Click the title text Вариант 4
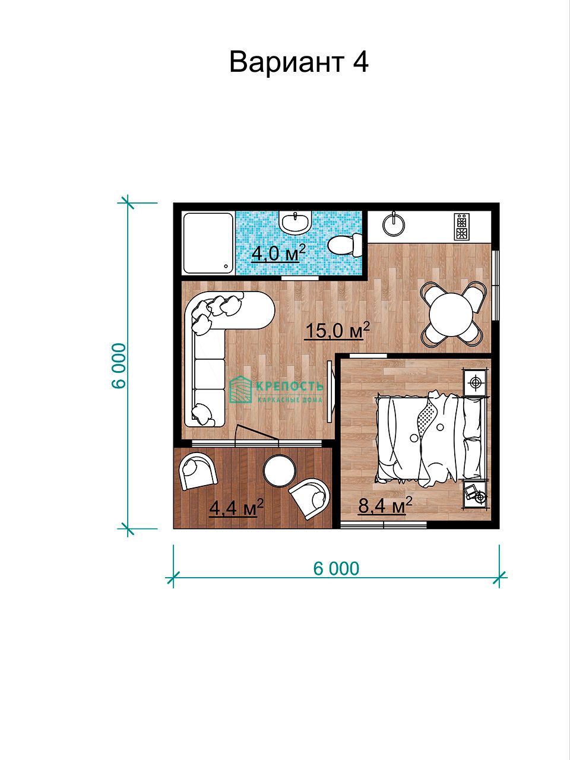pyautogui.click(x=299, y=62)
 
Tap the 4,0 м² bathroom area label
pyautogui.click(x=278, y=253)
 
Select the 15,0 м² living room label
pyautogui.click(x=337, y=330)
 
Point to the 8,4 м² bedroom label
pyautogui.click(x=385, y=505)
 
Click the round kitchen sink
pyautogui.click(x=394, y=224)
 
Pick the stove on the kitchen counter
pyautogui.click(x=462, y=226)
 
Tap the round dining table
pyautogui.click(x=451, y=314)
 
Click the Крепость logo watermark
pyautogui.click(x=276, y=390)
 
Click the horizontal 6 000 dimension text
pyautogui.click(x=336, y=568)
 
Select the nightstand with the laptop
pyautogui.click(x=475, y=494)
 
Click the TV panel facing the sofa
pyautogui.click(x=330, y=391)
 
